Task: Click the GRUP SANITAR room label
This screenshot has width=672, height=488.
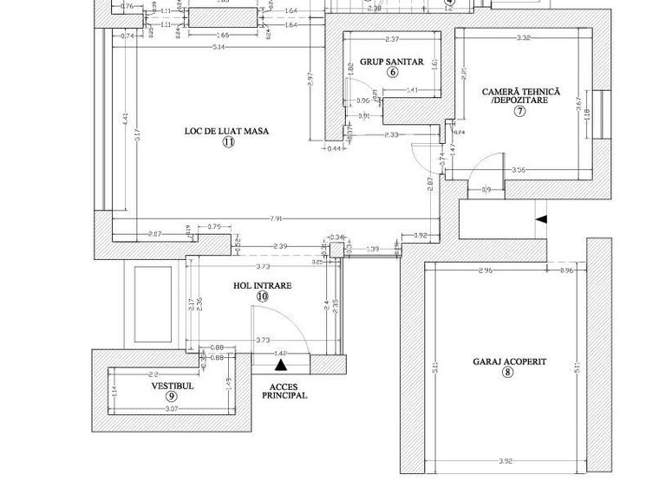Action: [x=392, y=62]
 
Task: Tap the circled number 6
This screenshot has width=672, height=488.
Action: [x=392, y=73]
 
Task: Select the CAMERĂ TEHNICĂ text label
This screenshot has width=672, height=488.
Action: [x=520, y=91]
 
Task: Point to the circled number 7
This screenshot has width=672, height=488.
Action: [x=520, y=111]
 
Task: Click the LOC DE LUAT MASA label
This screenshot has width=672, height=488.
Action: [x=226, y=132]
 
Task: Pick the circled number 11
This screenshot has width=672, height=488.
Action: [x=227, y=142]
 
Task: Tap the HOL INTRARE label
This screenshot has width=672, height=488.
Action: [x=262, y=285]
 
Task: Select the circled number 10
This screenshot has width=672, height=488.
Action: [x=262, y=296]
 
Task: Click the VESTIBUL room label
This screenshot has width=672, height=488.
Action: [x=173, y=386]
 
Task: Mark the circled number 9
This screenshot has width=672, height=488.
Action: [x=172, y=396]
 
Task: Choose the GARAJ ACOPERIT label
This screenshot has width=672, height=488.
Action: [x=509, y=361]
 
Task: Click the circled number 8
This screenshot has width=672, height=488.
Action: [x=508, y=373]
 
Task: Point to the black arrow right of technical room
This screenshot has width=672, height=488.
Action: [x=541, y=220]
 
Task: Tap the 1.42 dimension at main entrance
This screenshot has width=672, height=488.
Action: [x=279, y=353]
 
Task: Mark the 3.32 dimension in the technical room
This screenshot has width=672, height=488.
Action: [x=523, y=38]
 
